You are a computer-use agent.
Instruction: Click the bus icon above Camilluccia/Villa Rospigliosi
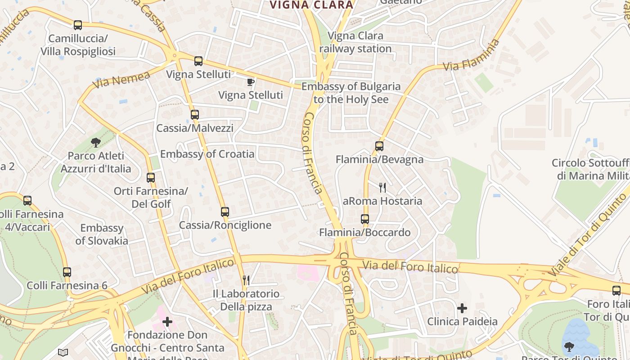pyautogui.click(x=78, y=25)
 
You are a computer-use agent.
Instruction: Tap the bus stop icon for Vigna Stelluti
pyautogui.click(x=198, y=61)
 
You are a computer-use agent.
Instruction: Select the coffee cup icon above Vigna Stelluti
pyautogui.click(x=251, y=82)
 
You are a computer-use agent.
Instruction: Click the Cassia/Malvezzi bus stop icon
pyautogui.click(x=195, y=115)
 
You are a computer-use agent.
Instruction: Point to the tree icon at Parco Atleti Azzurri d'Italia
pyautogui.click(x=95, y=143)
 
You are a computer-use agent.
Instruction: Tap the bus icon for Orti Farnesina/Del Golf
pyautogui.click(x=151, y=178)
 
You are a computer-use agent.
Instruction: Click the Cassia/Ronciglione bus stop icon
pyautogui.click(x=225, y=212)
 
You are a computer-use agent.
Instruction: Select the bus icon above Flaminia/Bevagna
pyautogui.click(x=379, y=146)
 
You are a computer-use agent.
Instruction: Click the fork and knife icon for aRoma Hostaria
pyautogui.click(x=382, y=188)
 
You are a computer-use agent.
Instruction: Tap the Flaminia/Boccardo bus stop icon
pyautogui.click(x=365, y=219)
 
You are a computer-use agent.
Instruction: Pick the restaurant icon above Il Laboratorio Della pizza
pyautogui.click(x=246, y=281)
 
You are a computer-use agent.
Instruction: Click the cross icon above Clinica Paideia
pyautogui.click(x=462, y=308)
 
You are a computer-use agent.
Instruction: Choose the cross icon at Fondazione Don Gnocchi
pyautogui.click(x=167, y=322)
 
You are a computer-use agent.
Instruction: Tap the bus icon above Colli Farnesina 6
pyautogui.click(x=67, y=272)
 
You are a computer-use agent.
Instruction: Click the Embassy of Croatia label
pyautogui.click(x=207, y=154)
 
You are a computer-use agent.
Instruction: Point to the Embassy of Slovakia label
pyautogui.click(x=102, y=234)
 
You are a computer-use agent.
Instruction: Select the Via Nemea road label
pyautogui.click(x=121, y=80)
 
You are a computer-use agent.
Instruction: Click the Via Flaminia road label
pyautogui.click(x=471, y=55)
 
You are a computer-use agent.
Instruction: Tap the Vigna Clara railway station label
pyautogui.click(x=355, y=42)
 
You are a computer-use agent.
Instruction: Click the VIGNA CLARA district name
pyautogui.click(x=311, y=5)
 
